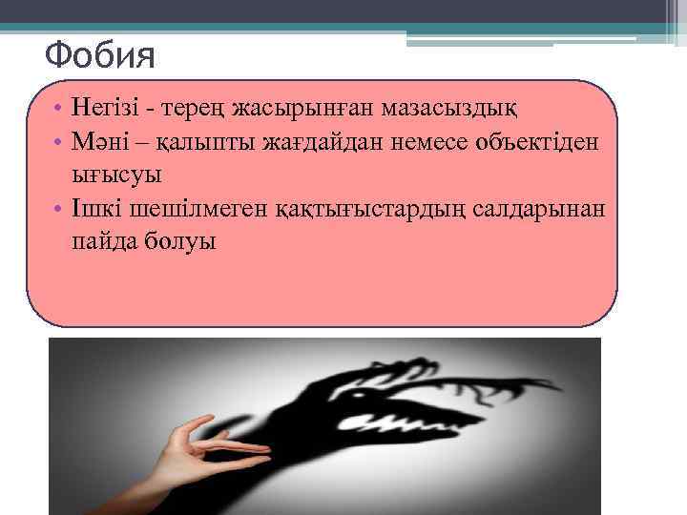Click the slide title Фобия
pyautogui.click(x=99, y=56)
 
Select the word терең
pyautogui.click(x=207, y=109)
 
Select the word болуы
pyautogui.click(x=184, y=243)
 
